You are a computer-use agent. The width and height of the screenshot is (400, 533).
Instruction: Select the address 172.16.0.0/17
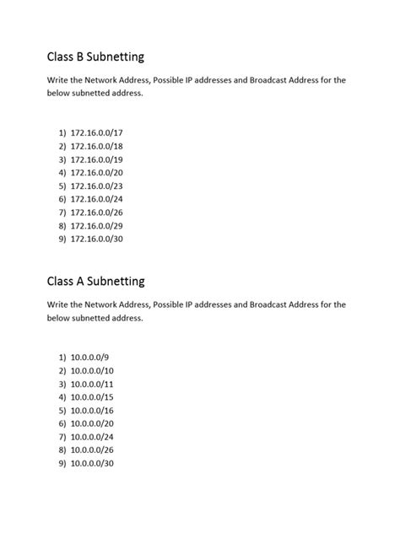point(101,132)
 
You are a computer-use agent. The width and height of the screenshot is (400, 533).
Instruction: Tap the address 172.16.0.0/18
point(101,146)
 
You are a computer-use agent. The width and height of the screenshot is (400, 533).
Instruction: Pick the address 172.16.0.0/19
point(101,159)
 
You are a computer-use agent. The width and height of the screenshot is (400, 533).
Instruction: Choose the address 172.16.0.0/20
point(101,172)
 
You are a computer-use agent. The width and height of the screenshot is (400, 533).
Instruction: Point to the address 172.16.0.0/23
point(101,186)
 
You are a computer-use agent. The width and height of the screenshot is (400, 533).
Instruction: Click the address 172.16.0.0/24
point(101,199)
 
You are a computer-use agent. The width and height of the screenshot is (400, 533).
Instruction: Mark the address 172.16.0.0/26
point(101,212)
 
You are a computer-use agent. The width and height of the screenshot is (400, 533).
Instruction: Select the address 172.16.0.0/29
point(101,225)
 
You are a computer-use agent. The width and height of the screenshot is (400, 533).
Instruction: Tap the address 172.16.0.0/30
point(101,239)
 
